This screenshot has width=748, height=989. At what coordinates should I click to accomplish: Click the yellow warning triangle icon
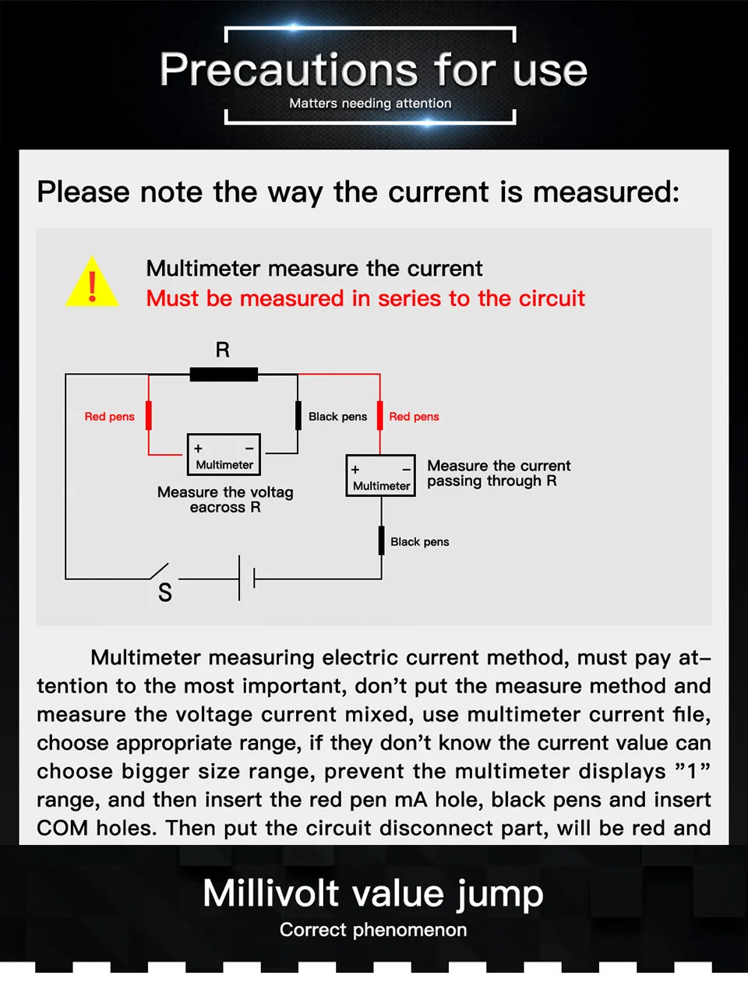93,284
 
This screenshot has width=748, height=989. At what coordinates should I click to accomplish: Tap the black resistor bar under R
224,375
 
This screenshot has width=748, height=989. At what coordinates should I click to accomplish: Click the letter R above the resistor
223,350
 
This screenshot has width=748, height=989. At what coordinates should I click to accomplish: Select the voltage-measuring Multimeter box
224,455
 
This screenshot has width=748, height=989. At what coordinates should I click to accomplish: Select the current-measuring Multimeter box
381,476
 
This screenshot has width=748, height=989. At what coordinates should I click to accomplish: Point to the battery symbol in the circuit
246,579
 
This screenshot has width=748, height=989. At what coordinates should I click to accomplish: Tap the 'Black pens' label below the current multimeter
419,542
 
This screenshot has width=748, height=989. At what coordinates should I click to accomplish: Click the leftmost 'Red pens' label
109,417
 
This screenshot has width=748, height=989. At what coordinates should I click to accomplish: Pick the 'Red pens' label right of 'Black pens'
414,417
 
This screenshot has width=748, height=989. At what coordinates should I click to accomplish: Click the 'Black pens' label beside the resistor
337,417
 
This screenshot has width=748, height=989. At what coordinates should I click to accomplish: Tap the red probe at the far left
149,415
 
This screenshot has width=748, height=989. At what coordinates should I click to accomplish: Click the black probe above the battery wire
381,540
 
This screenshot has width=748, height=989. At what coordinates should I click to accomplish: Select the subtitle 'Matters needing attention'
370,104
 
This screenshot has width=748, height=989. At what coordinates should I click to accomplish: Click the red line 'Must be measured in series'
365,298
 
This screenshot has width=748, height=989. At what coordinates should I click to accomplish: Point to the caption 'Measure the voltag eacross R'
225,499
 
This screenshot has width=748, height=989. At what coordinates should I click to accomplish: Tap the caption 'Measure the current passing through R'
499,473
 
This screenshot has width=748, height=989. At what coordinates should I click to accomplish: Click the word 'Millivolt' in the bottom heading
271,893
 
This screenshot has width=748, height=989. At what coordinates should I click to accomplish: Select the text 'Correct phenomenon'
373,930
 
